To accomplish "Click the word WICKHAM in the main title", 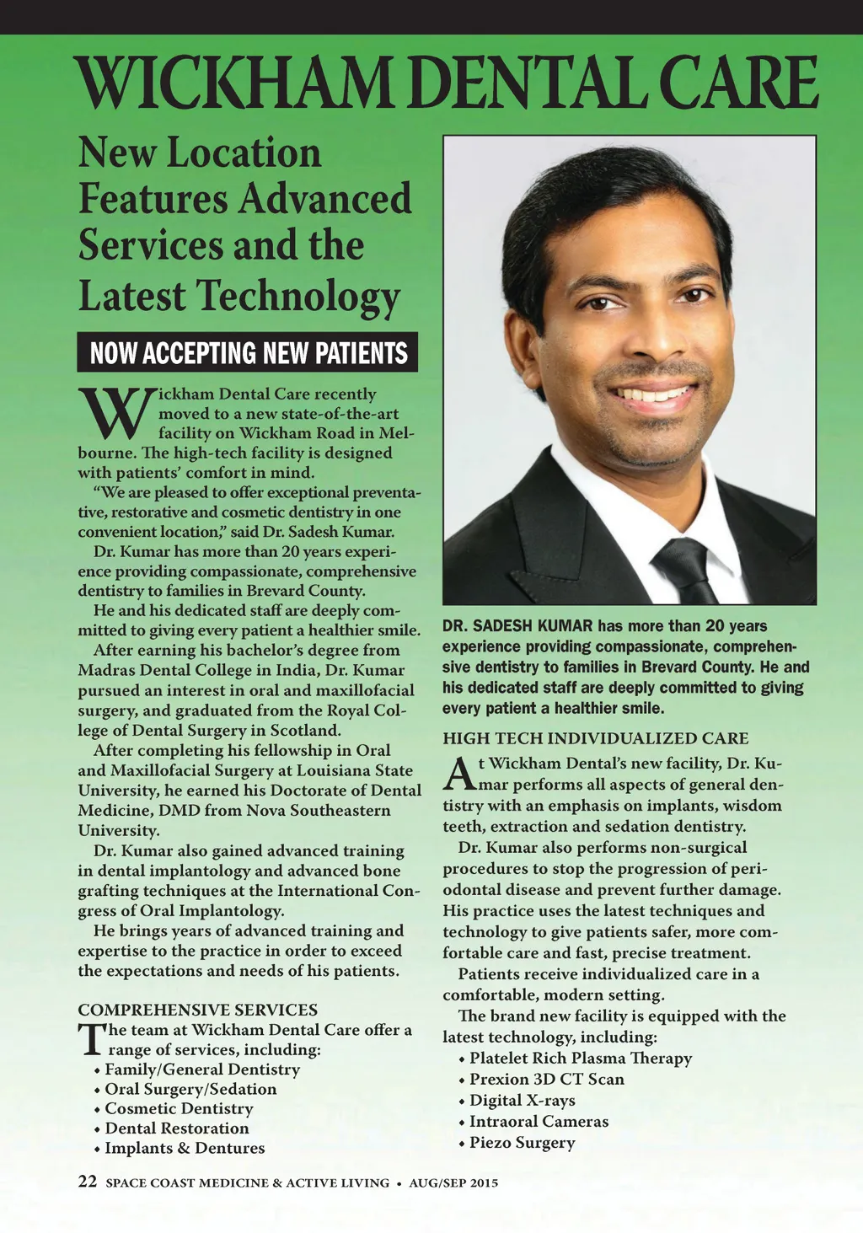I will point(233,83).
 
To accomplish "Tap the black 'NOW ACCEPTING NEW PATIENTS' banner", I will point(248,352).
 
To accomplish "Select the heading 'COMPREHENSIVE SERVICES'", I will point(198,1010).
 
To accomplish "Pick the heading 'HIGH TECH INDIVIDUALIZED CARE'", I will point(595,738).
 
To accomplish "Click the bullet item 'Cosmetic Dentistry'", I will point(179,1109).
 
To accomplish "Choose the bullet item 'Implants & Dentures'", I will point(185,1148).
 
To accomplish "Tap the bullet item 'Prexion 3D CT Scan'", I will point(546,1080).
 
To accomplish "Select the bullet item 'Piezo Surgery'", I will point(522,1143).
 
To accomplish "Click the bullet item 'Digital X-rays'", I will point(522,1101).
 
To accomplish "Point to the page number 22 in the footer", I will point(88,1182).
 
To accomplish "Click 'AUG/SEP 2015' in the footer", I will point(453,1183).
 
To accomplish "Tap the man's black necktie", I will point(687,569).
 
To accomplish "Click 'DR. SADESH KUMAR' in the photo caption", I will point(517,626).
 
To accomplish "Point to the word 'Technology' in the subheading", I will point(298,297).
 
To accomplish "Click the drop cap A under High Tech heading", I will point(456,774).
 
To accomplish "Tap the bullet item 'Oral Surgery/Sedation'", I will point(190,1089).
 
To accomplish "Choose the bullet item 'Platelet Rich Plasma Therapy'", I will point(581,1059).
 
